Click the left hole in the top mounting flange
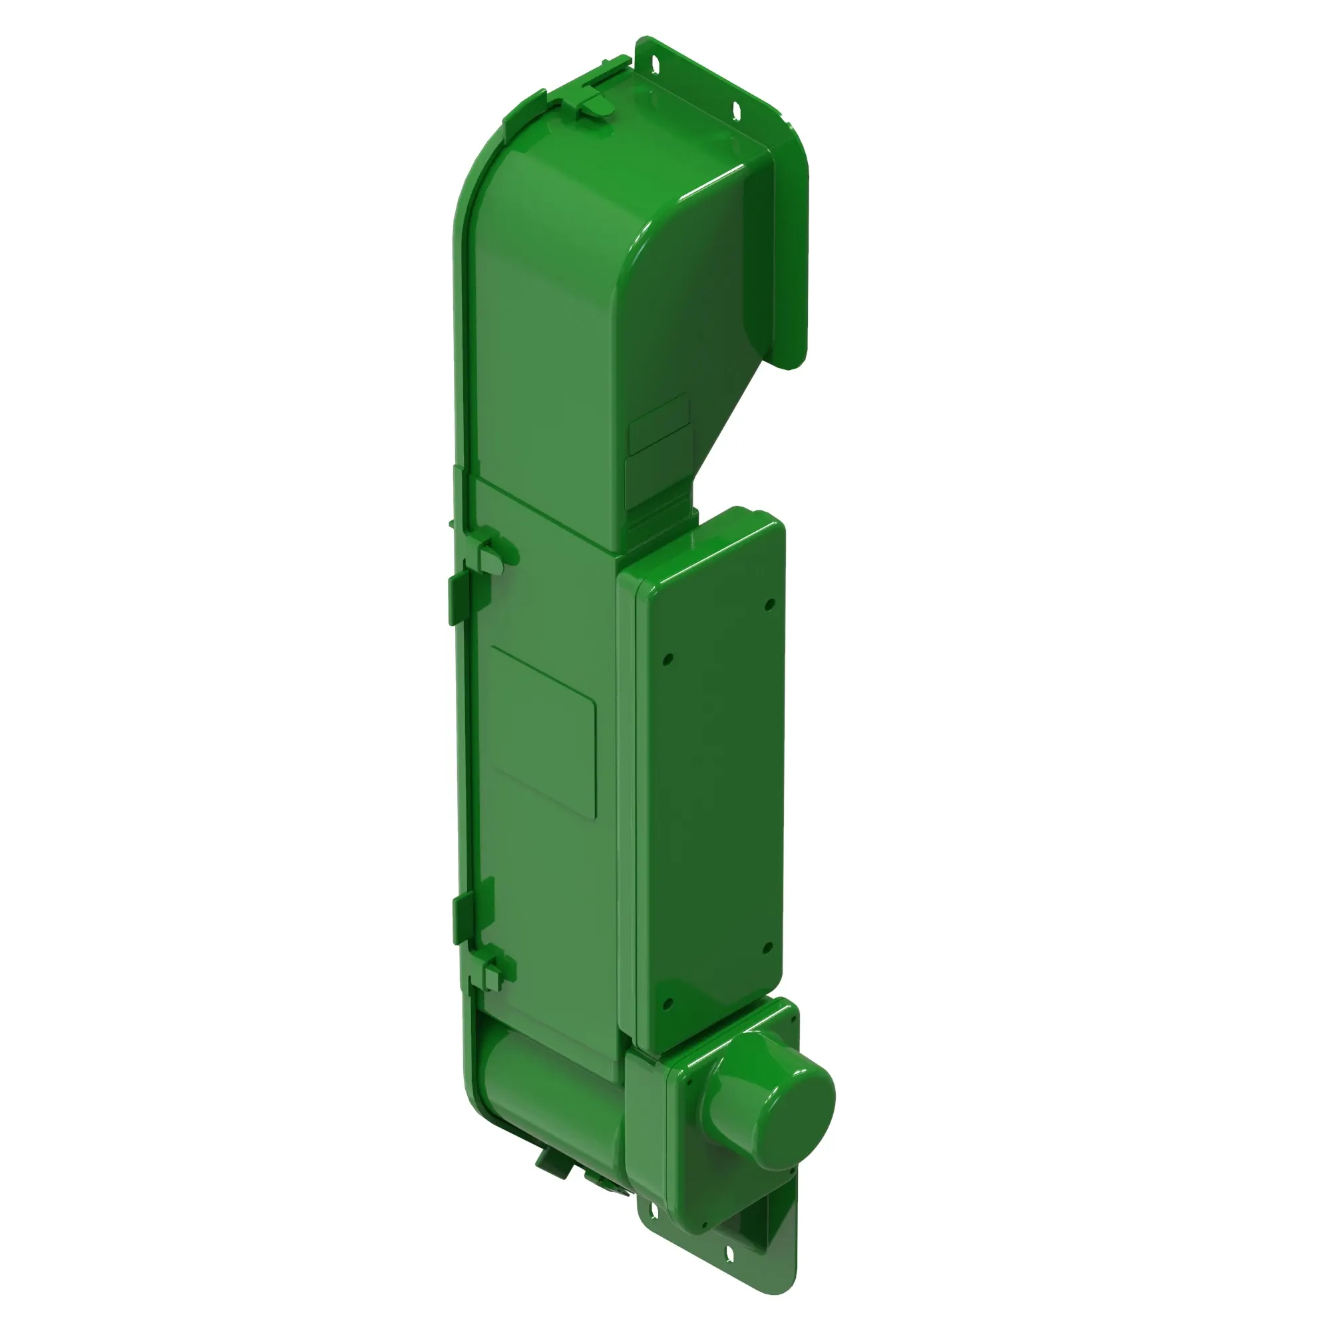coord(654,64)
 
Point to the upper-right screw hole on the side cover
coord(770,604)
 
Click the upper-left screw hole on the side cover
coord(667,660)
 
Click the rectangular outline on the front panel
coord(544,731)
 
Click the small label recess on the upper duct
coord(660,424)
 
